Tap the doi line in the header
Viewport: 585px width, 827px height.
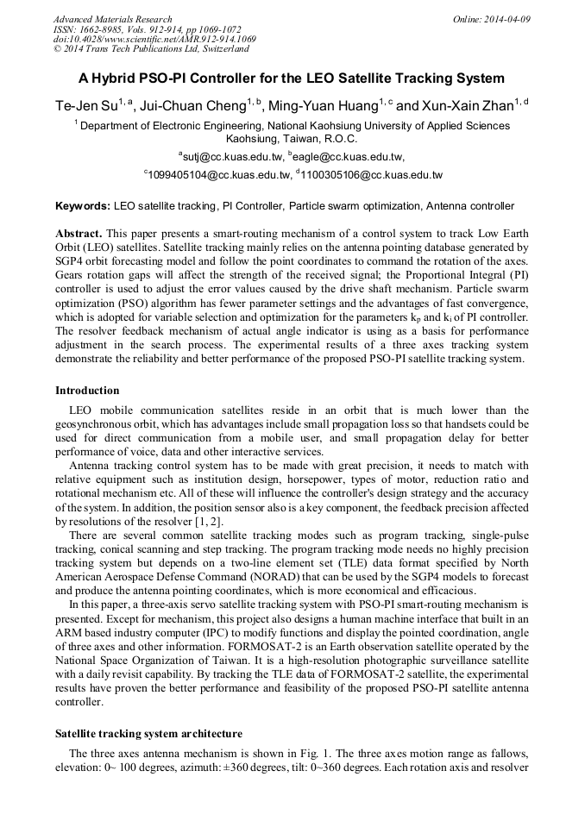pos(154,39)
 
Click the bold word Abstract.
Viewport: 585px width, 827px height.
pos(79,235)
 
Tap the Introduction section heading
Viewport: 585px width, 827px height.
pos(87,391)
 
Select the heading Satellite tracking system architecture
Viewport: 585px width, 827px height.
pos(148,733)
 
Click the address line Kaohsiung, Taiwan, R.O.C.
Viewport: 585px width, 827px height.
pos(292,138)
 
